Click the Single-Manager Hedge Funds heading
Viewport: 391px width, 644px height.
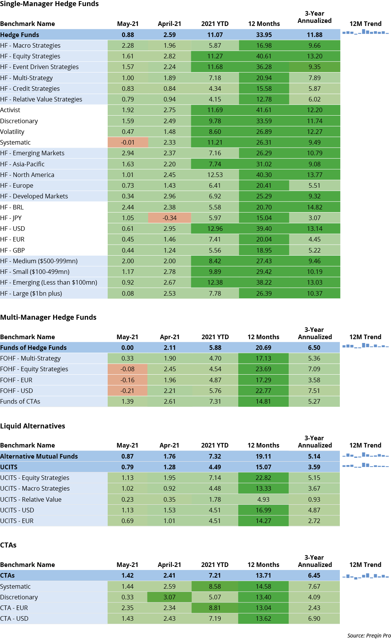pos(49,4)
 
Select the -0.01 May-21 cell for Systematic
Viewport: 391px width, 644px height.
pos(128,142)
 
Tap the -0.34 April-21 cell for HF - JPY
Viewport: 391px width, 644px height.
pos(170,218)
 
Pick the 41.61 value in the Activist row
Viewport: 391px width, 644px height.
pos(264,110)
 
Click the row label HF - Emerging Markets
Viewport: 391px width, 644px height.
pos(32,153)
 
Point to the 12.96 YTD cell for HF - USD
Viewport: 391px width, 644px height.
pos(215,229)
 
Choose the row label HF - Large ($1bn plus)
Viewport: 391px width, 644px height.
pos(31,293)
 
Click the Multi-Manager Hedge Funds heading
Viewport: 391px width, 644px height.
pos(48,317)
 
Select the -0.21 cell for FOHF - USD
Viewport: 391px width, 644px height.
pos(127,391)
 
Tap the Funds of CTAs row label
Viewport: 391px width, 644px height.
pos(20,401)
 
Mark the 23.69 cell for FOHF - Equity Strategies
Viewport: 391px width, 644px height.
pos(263,369)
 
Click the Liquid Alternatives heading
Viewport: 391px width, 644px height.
pos(32,426)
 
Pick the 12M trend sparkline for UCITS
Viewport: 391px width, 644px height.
pos(365,466)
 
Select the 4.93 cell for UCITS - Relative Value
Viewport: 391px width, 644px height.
pos(263,499)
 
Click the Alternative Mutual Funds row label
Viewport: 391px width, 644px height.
pos(39,456)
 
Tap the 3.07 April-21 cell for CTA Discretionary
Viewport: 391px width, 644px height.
pos(170,597)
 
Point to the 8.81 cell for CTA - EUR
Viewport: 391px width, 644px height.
pos(215,608)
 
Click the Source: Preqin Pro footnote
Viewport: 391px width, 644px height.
pos(369,636)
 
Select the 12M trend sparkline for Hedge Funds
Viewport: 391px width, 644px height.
pos(365,33)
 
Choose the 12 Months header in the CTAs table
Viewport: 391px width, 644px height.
pos(263,565)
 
